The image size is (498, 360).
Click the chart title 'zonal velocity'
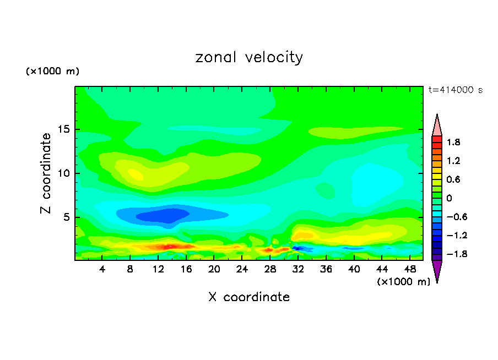coord(249,57)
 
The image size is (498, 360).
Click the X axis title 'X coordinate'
coord(249,297)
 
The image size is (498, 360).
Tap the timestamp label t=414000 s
coord(455,90)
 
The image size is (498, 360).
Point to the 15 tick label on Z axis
coord(63,130)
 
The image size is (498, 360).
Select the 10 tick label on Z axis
coord(63,173)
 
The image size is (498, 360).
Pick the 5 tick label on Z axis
coord(66,217)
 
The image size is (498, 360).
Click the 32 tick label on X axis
coord(298,270)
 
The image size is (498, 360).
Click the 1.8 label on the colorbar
coord(453,142)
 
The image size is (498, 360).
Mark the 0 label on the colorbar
coord(449,198)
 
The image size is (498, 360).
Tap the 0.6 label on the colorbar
coord(453,179)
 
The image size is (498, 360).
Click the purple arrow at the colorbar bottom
coord(437,271)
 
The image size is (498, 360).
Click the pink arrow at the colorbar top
coord(437,125)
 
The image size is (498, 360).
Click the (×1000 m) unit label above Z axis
coord(53,72)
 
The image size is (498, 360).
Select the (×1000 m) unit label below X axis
coord(403,282)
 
